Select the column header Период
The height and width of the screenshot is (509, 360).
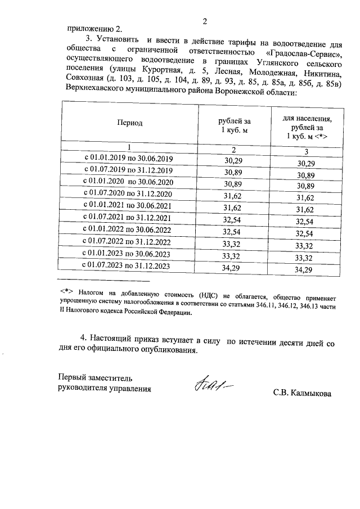129,122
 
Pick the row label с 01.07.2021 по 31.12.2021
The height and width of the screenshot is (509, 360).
127,217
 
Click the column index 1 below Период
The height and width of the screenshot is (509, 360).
129,147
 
